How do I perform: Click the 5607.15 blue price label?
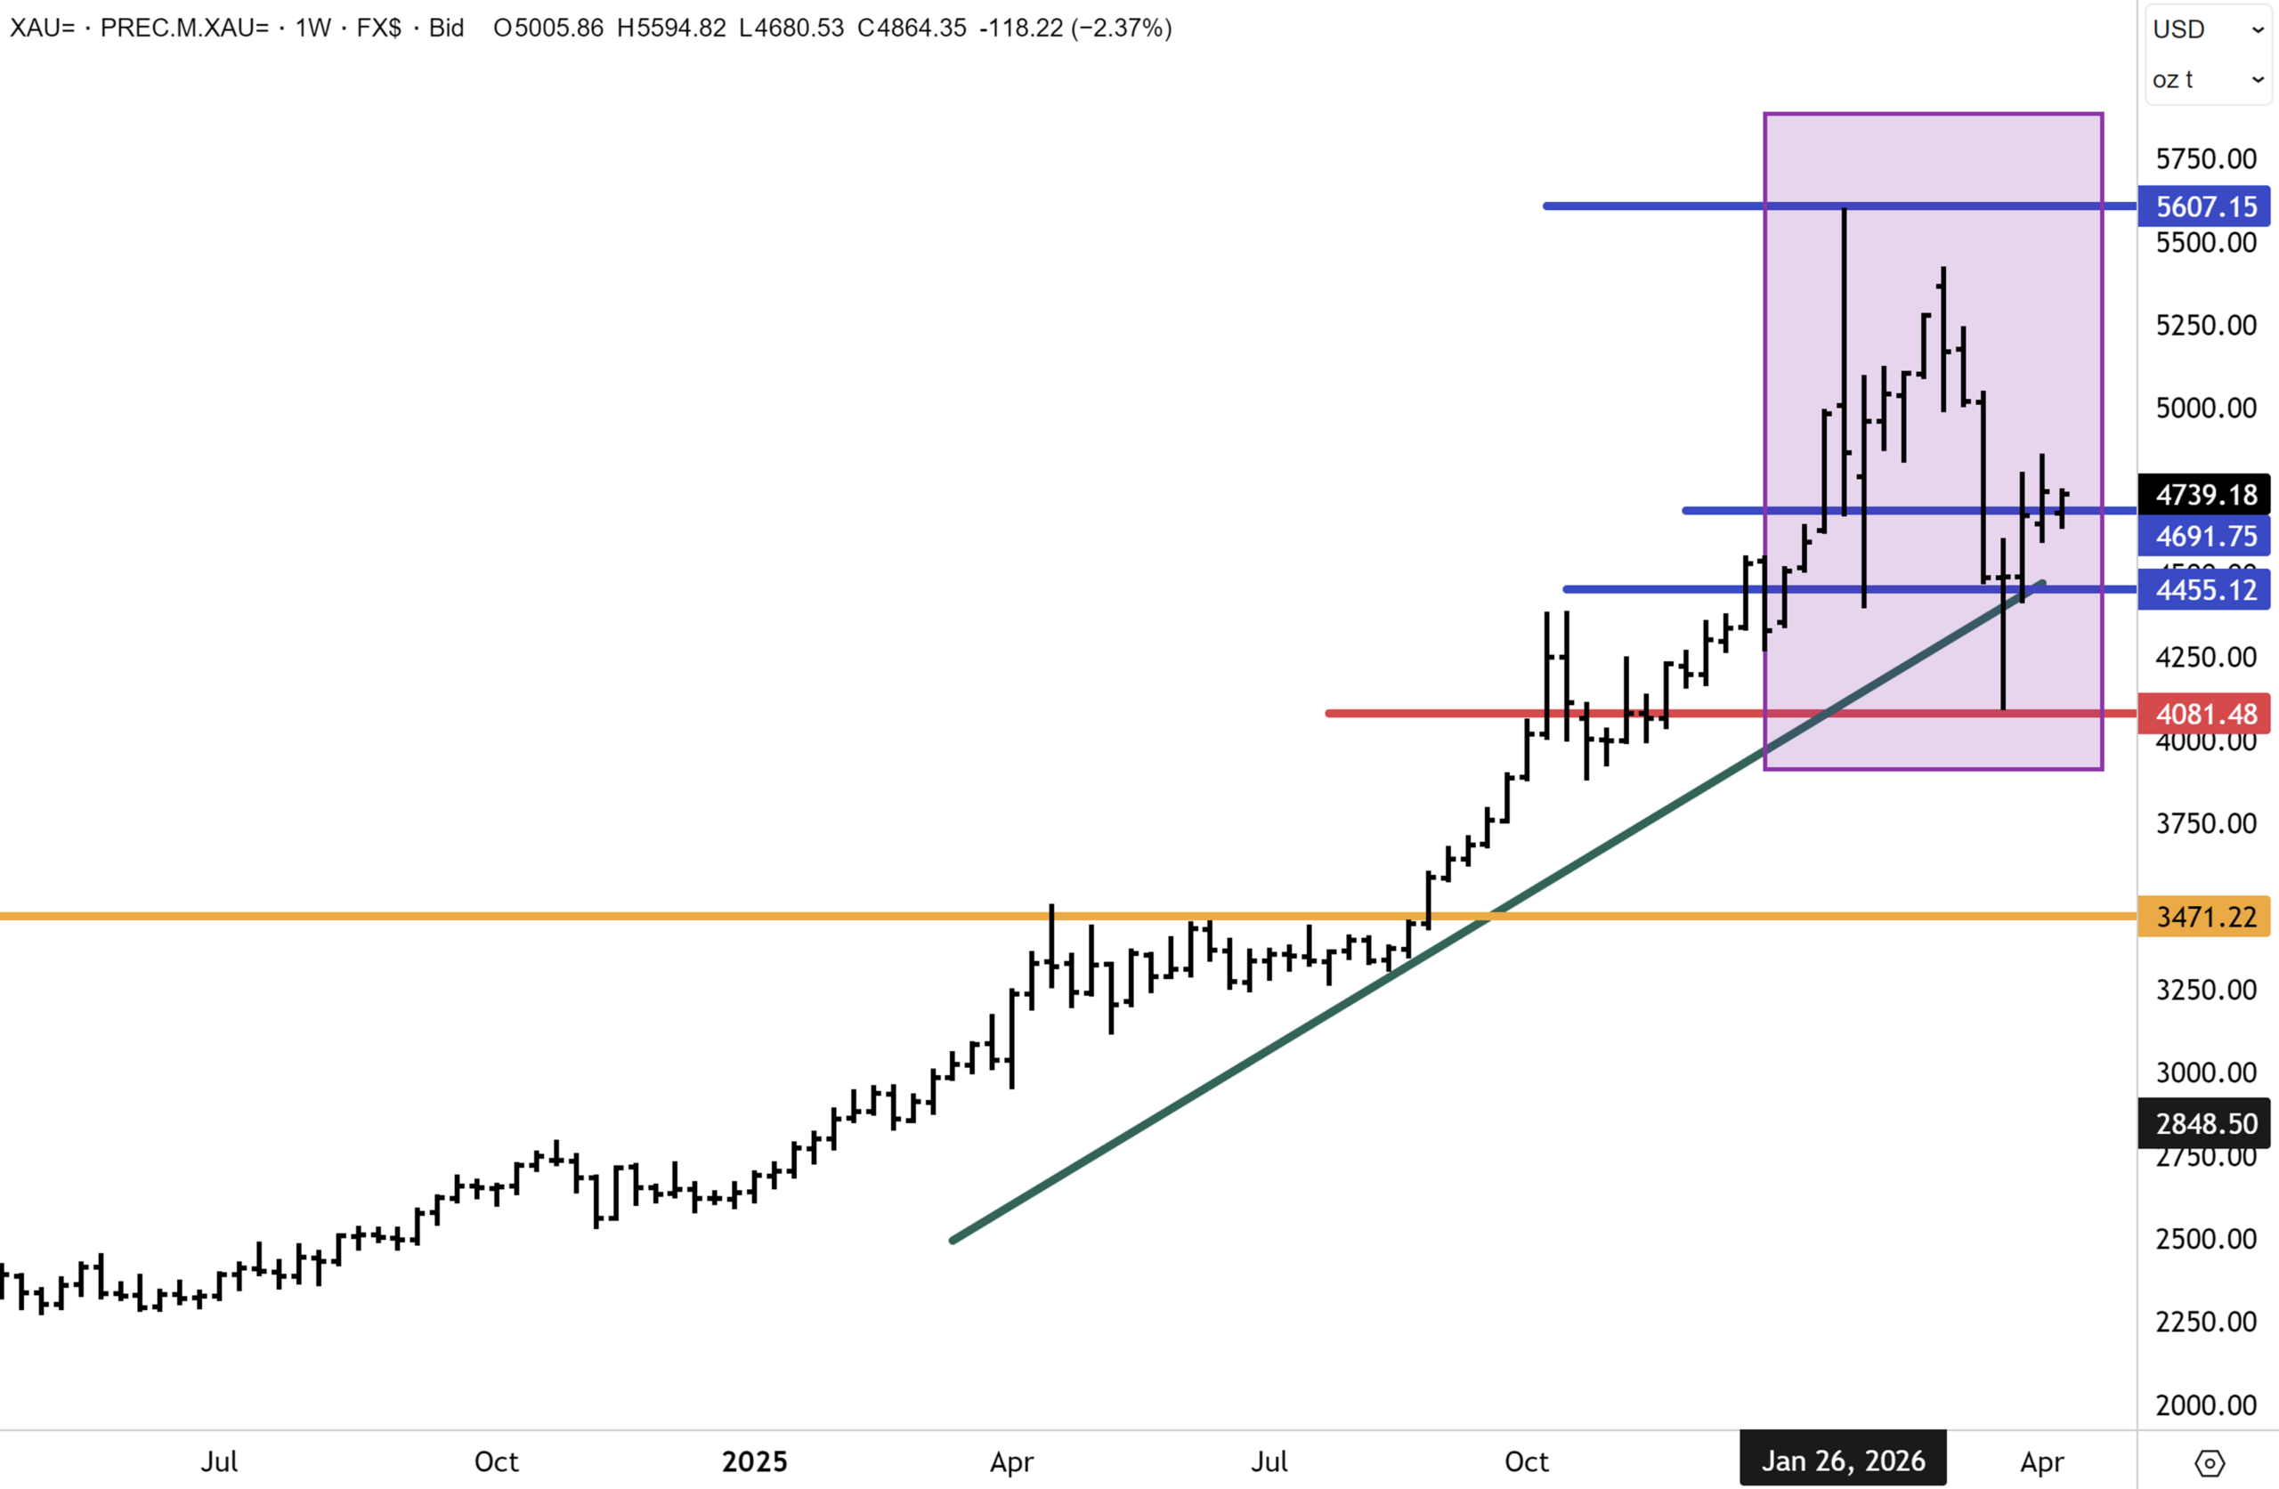pyautogui.click(x=2204, y=206)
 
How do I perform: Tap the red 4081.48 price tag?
pyautogui.click(x=2204, y=714)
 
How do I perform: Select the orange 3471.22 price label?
pyautogui.click(x=2204, y=917)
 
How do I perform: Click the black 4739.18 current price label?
pyautogui.click(x=2204, y=494)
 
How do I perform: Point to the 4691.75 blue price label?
pyautogui.click(x=2204, y=535)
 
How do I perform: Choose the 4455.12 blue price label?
pyautogui.click(x=2204, y=589)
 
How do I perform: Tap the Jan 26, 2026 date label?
pyautogui.click(x=1843, y=1461)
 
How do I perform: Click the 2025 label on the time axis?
pyautogui.click(x=755, y=1461)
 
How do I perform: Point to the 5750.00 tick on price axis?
pyautogui.click(x=2205, y=158)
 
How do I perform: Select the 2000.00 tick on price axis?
pyautogui.click(x=2205, y=1404)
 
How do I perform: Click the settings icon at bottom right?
pyautogui.click(x=2209, y=1462)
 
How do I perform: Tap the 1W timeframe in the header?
pyautogui.click(x=313, y=28)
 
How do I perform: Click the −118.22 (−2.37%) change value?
pyautogui.click(x=1075, y=28)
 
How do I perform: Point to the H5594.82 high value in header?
pyautogui.click(x=671, y=28)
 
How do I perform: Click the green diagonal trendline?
pyautogui.click(x=1341, y=1006)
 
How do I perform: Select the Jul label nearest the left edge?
pyautogui.click(x=218, y=1461)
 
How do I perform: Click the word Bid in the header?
pyautogui.click(x=446, y=28)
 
